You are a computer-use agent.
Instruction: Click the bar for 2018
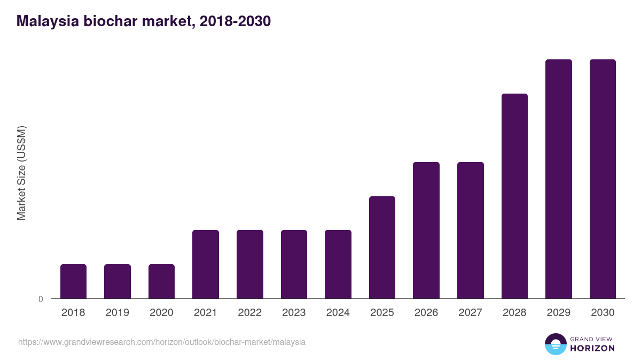click(73, 281)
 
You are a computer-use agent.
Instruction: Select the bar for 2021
click(206, 264)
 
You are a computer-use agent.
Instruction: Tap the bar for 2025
click(382, 247)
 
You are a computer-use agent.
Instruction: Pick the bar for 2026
click(426, 230)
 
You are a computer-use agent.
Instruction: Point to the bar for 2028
click(514, 196)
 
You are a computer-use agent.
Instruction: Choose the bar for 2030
click(603, 179)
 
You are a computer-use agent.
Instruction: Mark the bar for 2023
click(294, 264)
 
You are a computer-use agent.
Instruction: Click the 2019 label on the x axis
click(118, 313)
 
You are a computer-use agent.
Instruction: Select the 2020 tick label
click(161, 313)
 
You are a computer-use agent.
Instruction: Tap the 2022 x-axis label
click(249, 313)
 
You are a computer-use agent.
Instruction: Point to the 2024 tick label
click(338, 313)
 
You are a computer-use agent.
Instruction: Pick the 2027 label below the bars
click(470, 313)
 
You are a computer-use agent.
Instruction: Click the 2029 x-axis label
click(558, 313)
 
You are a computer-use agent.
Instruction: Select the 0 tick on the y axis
click(41, 299)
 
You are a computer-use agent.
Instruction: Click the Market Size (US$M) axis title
click(21, 173)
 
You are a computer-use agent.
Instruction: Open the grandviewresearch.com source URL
click(162, 342)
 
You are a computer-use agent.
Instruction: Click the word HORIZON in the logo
click(592, 348)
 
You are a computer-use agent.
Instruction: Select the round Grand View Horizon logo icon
click(556, 344)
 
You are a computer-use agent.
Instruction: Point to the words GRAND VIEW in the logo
click(592, 339)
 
